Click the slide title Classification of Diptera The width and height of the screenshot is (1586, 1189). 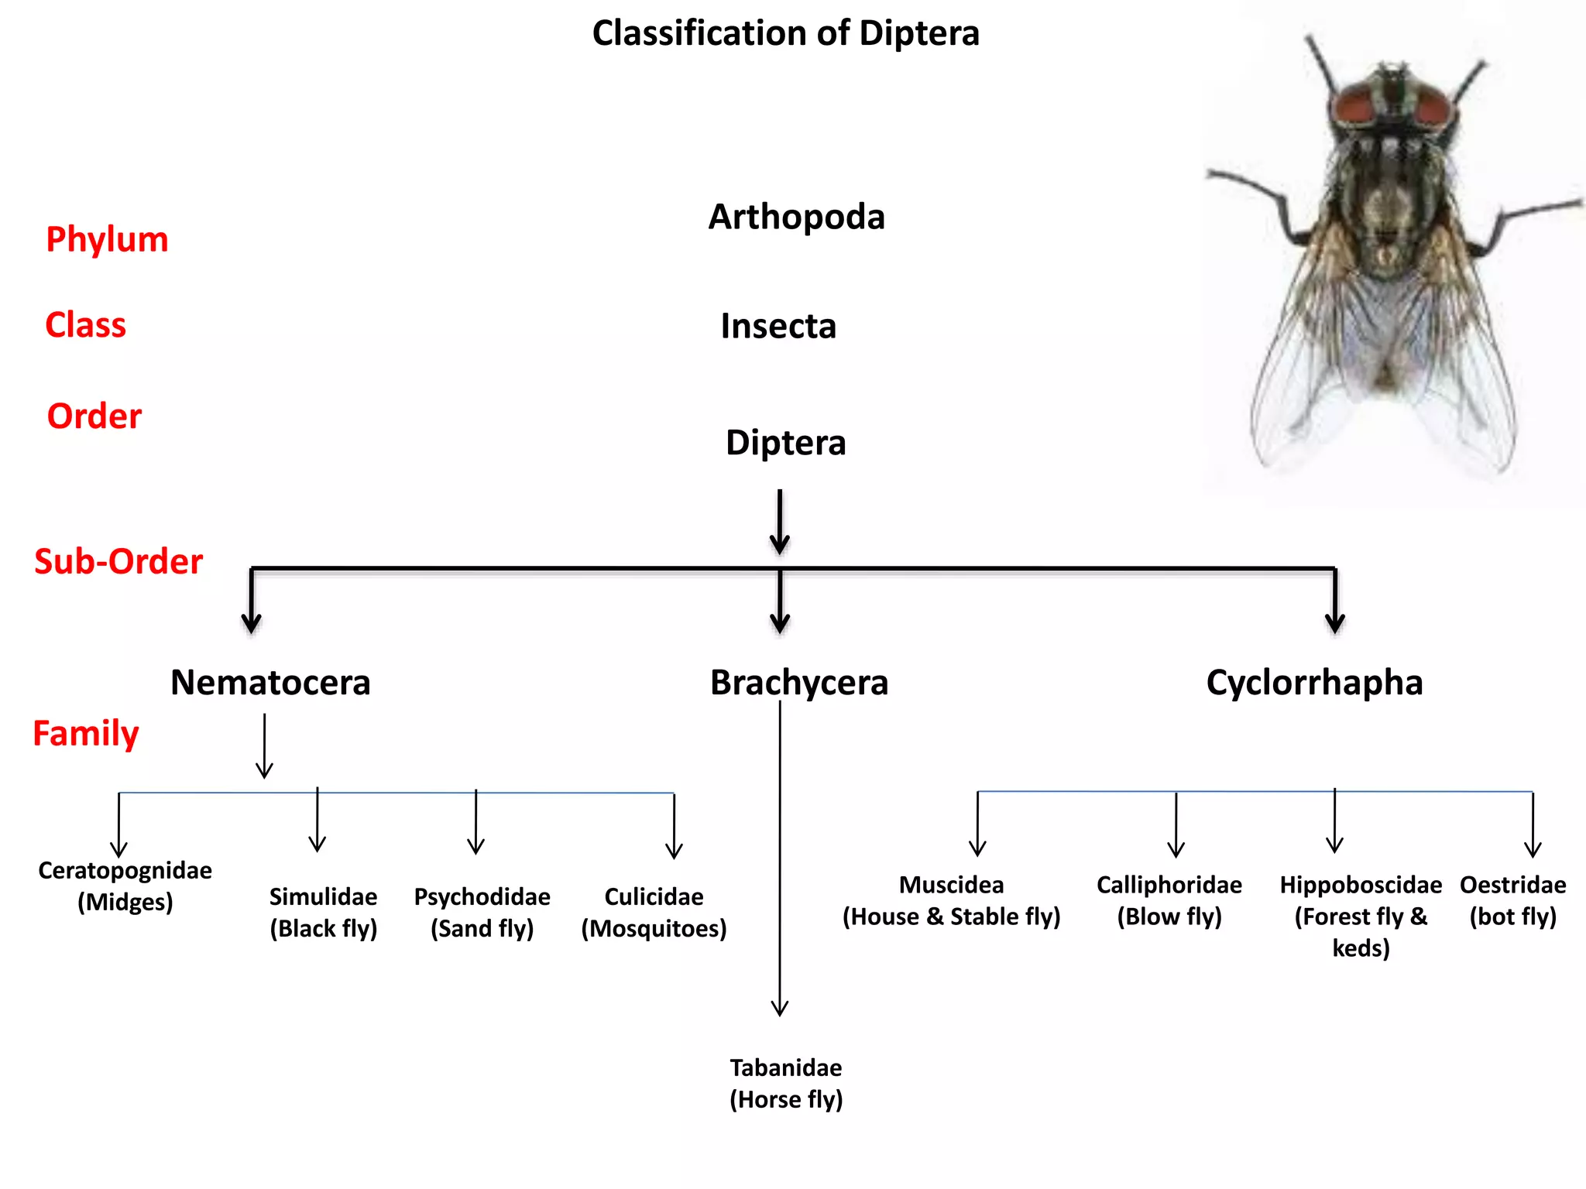pyautogui.click(x=785, y=33)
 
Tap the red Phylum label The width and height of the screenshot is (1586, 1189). pyautogui.click(x=107, y=239)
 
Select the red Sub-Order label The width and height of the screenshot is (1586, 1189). pyautogui.click(x=118, y=561)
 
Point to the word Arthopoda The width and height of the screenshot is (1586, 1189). pyautogui.click(x=796, y=217)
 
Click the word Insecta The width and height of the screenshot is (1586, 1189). pyautogui.click(x=778, y=326)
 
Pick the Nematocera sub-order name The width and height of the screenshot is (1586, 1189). pyautogui.click(x=270, y=683)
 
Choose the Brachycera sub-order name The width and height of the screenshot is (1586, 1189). pyautogui.click(x=798, y=683)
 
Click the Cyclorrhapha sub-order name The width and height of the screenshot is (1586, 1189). pyautogui.click(x=1314, y=683)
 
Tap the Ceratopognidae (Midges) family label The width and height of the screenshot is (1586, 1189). pyautogui.click(x=125, y=886)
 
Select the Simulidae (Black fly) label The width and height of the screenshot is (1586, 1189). pyautogui.click(x=323, y=912)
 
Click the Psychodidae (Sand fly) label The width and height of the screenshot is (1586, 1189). pyautogui.click(x=482, y=912)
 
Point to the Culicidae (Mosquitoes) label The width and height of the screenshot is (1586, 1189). pyautogui.click(x=654, y=912)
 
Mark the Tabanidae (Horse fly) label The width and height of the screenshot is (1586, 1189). pyautogui.click(x=785, y=1083)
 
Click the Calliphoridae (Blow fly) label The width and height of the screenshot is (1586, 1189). pyautogui.click(x=1169, y=900)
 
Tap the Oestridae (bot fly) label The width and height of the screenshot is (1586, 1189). pyautogui.click(x=1512, y=900)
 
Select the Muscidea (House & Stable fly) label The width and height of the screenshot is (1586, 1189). pyautogui.click(x=951, y=900)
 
